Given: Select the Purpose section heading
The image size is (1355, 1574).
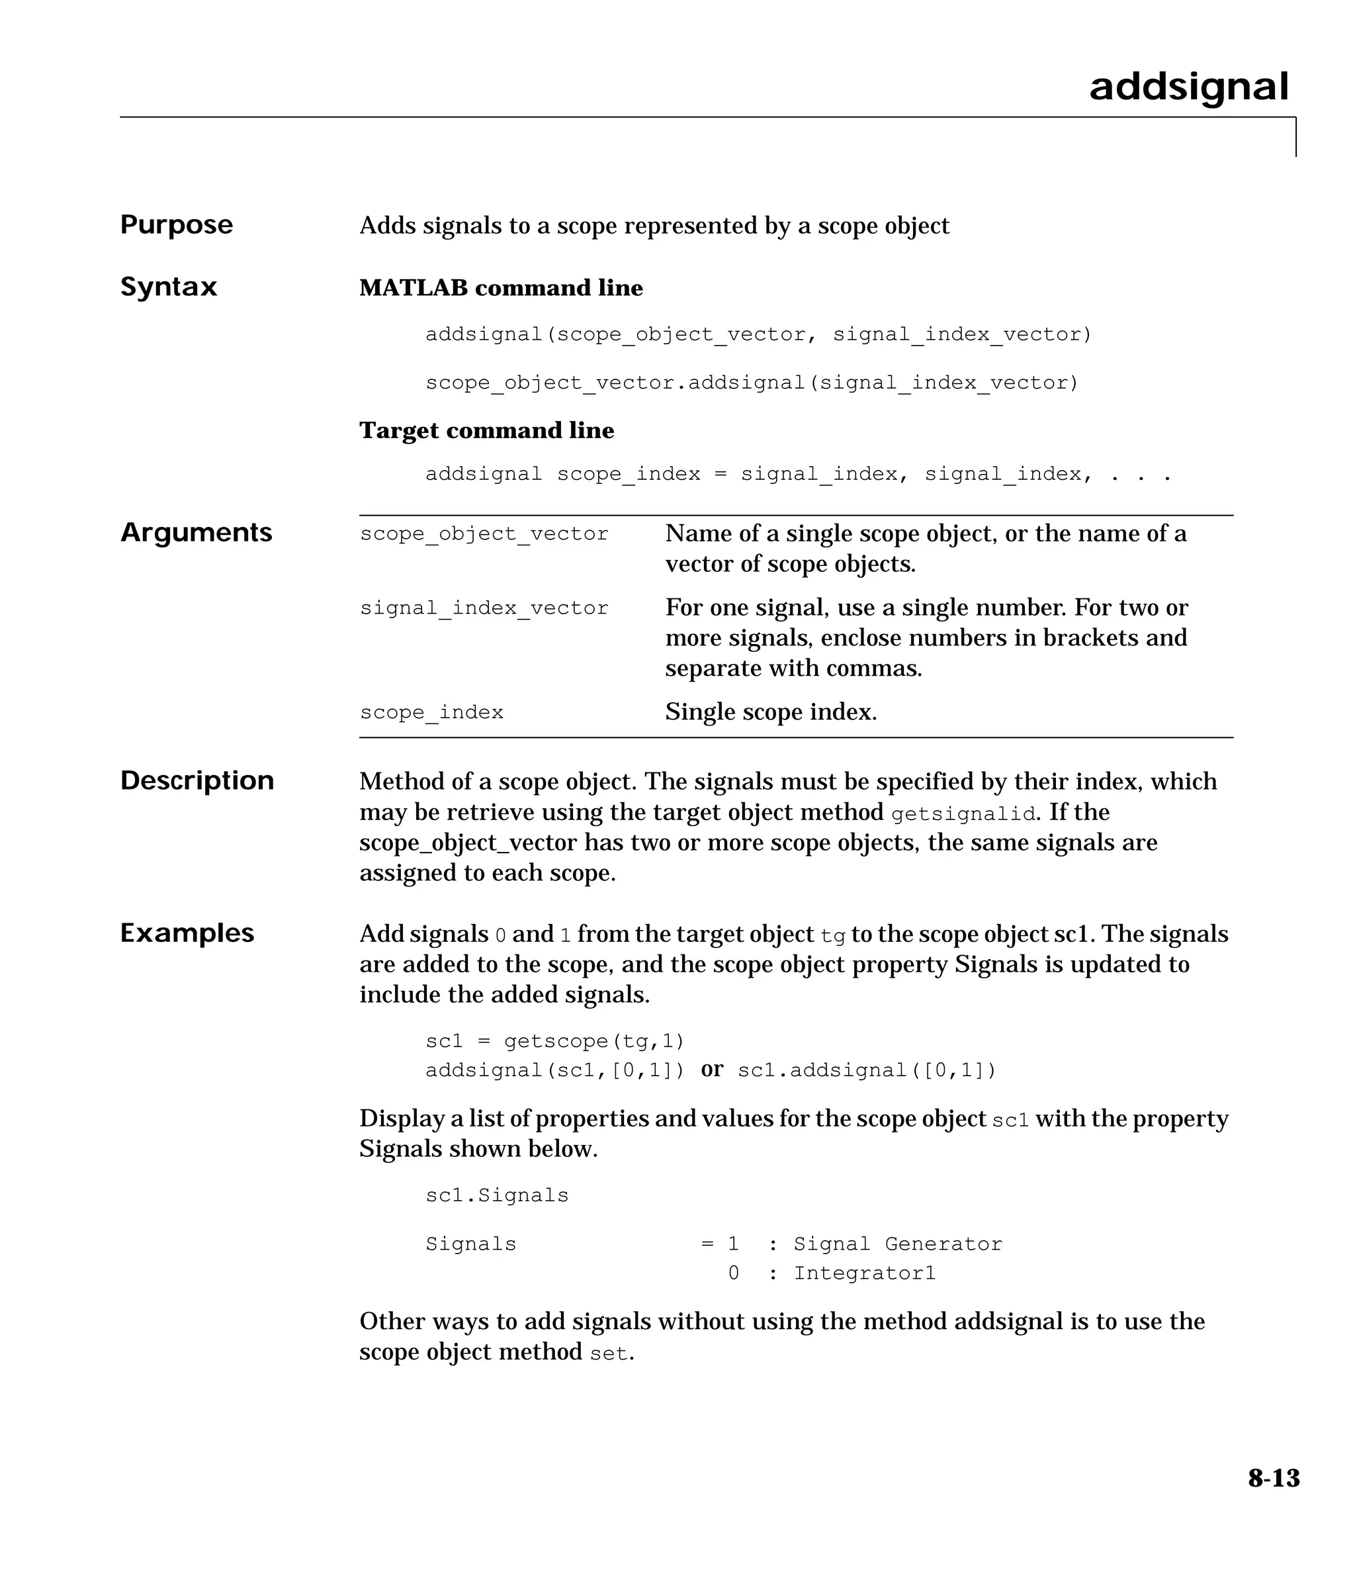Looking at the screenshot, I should pos(176,225).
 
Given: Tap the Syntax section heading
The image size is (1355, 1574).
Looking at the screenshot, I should pos(169,287).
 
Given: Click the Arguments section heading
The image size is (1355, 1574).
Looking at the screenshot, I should pos(196,533).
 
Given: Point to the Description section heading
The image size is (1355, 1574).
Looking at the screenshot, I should pos(197,781).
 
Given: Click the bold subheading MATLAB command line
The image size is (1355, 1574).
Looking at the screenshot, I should pos(501,288).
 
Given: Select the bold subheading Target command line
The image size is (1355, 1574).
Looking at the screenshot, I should pos(486,431).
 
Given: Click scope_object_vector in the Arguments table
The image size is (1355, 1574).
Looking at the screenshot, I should pos(484,534).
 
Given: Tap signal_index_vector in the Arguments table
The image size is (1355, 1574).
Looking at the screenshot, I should pos(484,608).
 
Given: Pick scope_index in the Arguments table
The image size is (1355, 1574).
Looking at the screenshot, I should pos(431,713).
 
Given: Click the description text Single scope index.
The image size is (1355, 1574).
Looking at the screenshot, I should pos(770,712).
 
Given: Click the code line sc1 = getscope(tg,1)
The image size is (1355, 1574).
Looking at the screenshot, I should pos(554,1041).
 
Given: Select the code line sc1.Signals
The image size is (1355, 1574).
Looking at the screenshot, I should pos(497,1195).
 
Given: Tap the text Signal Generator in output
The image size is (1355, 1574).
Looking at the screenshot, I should pos(897,1244).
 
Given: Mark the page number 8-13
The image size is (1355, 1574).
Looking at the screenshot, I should pos(1273,1478).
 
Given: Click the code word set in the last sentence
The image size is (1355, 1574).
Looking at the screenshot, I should pos(609,1354).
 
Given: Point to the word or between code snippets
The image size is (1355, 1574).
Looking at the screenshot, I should pos(712,1070).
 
